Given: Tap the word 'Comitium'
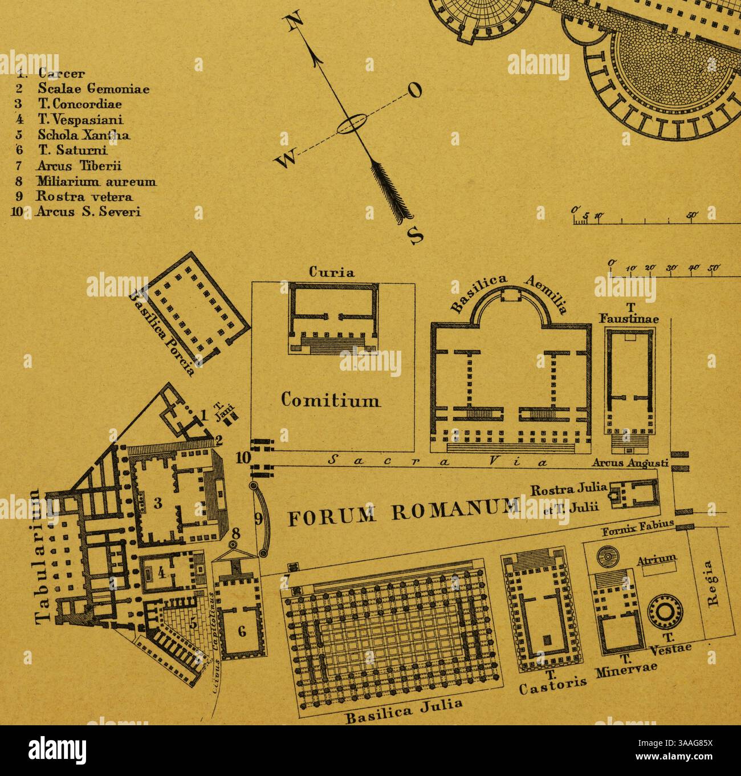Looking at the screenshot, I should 331,400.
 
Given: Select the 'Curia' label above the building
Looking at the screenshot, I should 332,273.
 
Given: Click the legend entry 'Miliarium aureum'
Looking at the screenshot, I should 96,182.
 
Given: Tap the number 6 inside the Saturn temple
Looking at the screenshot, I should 242,631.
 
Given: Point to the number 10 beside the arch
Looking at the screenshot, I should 243,457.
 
